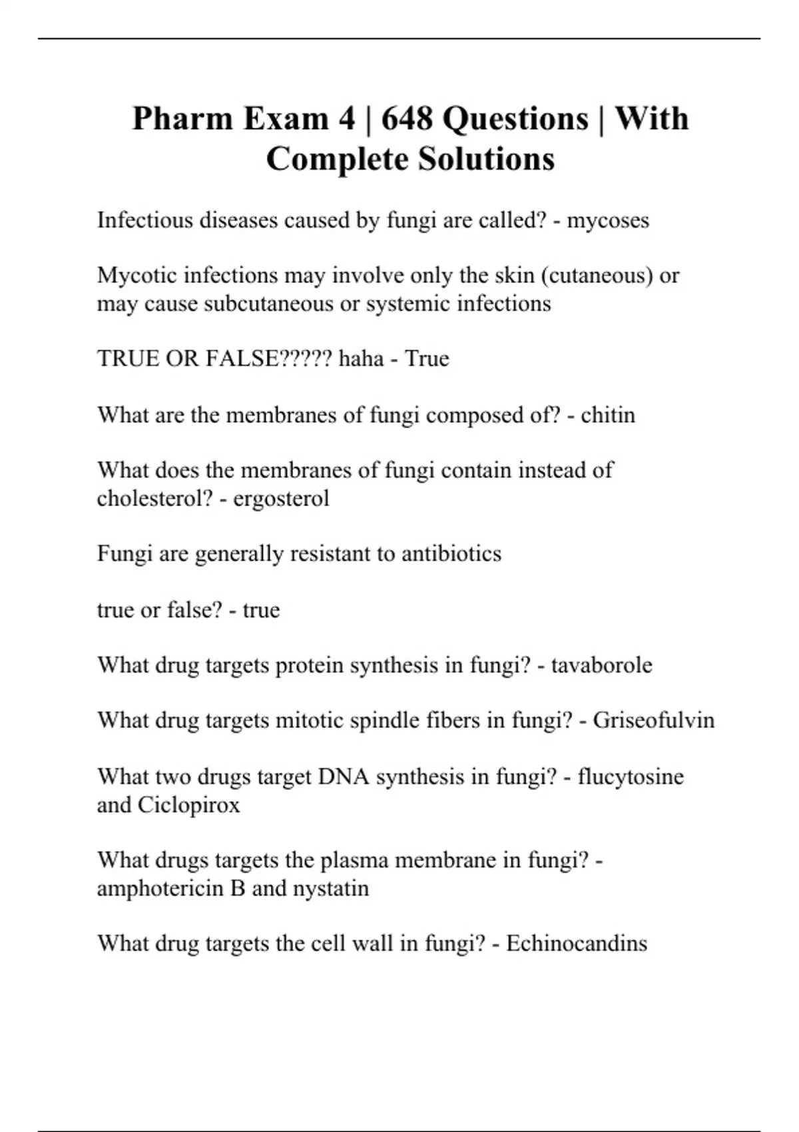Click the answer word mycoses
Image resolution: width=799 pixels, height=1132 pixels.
pos(607,220)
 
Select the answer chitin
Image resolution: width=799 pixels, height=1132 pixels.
pos(607,415)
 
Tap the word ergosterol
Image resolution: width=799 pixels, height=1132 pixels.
pos(281,498)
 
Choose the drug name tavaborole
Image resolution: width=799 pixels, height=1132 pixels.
pos(601,665)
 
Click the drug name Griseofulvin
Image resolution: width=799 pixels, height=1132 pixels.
pos(653,720)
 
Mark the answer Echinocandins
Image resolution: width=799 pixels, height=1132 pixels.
pos(576,943)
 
